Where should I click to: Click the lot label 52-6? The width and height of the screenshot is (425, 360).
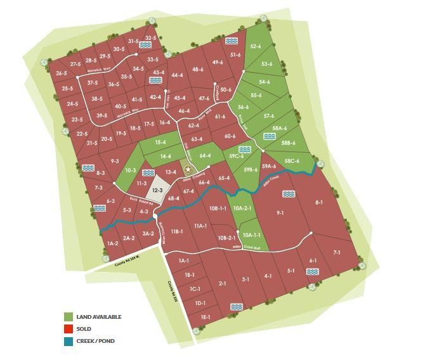point(256,46)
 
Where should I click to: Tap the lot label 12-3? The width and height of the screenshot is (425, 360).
point(157,190)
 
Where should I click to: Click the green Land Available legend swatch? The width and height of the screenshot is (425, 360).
point(69,317)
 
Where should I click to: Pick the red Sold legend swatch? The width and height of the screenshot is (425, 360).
point(69,329)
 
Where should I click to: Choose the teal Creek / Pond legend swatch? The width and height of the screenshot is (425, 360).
point(69,341)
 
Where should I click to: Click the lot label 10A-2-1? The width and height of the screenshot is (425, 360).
point(242,209)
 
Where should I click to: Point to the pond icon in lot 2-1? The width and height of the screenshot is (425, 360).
point(236,306)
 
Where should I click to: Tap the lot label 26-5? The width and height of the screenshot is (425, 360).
point(62,74)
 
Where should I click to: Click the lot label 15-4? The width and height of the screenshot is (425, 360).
point(160,143)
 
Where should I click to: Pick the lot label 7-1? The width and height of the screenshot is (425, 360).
point(337,252)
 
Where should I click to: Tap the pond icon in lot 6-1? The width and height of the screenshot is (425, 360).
point(311,271)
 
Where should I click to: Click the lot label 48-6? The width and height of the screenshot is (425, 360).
point(197,69)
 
